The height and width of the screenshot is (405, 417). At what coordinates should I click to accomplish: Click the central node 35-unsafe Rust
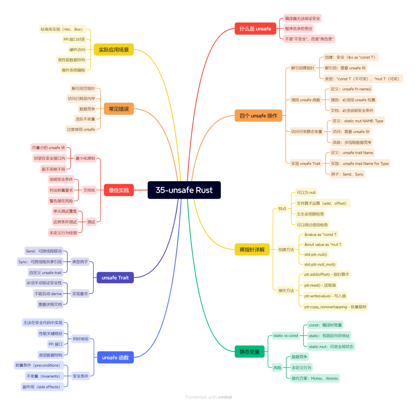tap(184, 190)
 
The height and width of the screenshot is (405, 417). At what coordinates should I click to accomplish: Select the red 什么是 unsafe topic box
tap(255, 29)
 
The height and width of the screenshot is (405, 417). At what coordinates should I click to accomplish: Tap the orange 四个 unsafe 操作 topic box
tap(258, 116)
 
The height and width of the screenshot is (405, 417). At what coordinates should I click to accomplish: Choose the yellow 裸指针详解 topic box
tap(252, 249)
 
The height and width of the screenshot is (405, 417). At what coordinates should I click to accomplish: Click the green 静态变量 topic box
tap(249, 352)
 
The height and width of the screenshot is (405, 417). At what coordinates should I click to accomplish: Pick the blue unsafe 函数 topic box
tap(115, 358)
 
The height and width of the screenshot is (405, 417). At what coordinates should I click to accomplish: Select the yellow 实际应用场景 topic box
tap(114, 50)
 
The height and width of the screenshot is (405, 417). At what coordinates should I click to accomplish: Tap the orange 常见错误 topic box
tap(119, 109)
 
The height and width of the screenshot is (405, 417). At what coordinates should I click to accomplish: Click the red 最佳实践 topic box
tap(119, 190)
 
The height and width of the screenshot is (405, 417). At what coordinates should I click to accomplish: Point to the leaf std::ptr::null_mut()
tap(320, 264)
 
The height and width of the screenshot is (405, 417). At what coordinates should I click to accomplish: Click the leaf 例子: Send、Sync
tap(347, 174)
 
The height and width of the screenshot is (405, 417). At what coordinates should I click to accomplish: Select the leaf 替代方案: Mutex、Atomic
tap(315, 378)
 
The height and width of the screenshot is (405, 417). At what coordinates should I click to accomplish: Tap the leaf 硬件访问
tap(77, 50)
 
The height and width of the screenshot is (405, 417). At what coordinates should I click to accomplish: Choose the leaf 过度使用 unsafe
tap(81, 129)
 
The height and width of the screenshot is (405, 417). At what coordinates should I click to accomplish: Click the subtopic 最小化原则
tap(85, 158)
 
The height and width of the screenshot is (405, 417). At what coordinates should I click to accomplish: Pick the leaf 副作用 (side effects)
tap(42, 387)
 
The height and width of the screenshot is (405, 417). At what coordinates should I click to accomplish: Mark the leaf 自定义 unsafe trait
tap(45, 272)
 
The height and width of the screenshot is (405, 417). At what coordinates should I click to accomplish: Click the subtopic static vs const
tap(286, 336)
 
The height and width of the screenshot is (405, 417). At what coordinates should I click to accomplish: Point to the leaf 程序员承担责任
tap(298, 29)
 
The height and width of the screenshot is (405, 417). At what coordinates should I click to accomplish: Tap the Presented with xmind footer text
tap(208, 397)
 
